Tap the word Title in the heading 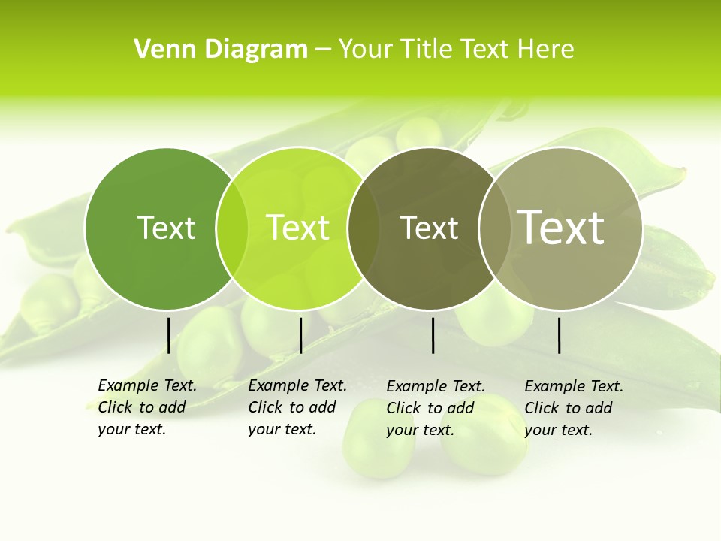[426, 50]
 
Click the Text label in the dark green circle [166, 228]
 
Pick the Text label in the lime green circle [298, 228]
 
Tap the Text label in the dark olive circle [429, 228]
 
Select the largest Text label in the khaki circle [561, 227]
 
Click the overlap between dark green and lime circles [232, 228]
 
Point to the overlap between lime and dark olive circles [364, 228]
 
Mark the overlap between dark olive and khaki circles [495, 228]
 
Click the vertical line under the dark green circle [169, 335]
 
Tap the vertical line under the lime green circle [300, 335]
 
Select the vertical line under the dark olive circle [433, 335]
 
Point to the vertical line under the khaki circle [560, 335]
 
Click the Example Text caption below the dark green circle [147, 407]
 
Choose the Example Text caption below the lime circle [297, 407]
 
